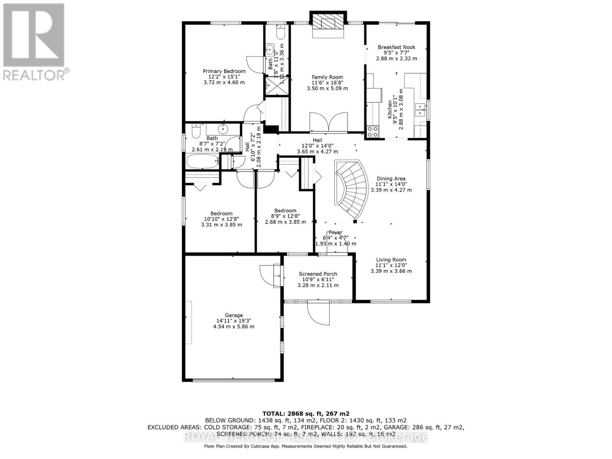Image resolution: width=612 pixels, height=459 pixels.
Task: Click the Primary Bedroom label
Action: tap(224, 71)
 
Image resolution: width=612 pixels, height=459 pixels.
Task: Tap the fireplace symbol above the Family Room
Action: tap(328, 24)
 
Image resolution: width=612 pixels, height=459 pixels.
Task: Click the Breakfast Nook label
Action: tap(396, 47)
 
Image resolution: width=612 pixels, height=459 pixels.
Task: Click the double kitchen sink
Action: tap(420, 109)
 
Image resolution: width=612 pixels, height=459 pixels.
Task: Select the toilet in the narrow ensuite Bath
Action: tap(280, 34)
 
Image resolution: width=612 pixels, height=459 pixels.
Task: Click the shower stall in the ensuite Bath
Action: tap(277, 85)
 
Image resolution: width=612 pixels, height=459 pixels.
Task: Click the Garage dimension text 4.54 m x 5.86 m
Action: tap(234, 327)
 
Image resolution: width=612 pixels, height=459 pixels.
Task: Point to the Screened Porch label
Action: tap(318, 274)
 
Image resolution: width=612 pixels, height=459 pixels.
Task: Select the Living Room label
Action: tap(391, 260)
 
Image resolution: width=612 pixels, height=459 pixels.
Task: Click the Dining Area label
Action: tap(391, 179)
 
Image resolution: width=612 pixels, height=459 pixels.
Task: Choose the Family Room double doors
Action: tap(328, 122)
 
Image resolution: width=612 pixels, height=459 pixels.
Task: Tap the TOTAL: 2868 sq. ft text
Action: tap(306, 413)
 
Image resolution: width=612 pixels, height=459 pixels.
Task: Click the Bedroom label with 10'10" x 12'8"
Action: tap(221, 213)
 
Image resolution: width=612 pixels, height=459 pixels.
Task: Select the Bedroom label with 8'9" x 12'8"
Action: tap(285, 211)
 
